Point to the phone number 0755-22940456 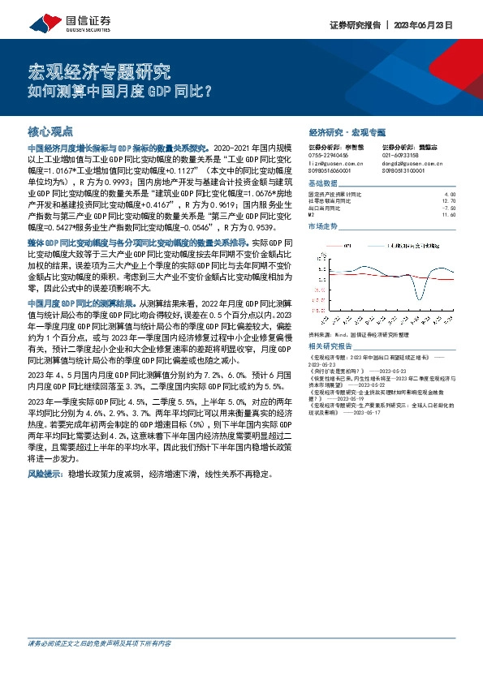tap(330, 154)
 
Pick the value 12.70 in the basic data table tap(451, 200)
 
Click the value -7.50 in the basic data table tap(451, 207)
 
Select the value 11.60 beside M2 tap(451, 213)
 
